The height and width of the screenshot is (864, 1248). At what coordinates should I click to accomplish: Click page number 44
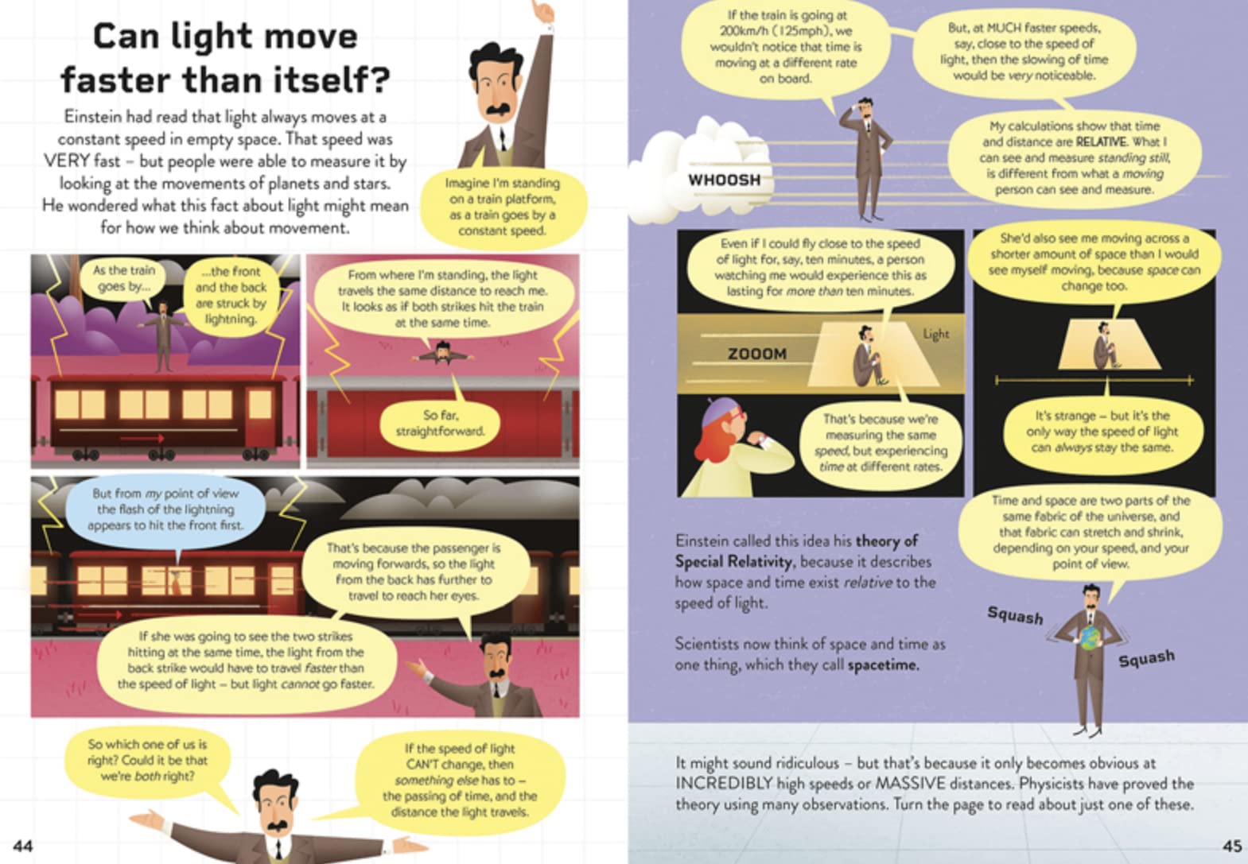pyautogui.click(x=23, y=846)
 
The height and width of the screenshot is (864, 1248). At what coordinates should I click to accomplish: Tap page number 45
pyautogui.click(x=1232, y=846)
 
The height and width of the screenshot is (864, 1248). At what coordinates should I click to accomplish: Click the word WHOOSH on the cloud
pyautogui.click(x=725, y=180)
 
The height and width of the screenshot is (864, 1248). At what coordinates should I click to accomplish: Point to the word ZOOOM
pyautogui.click(x=757, y=354)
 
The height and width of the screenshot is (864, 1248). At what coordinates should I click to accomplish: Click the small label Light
pyautogui.click(x=936, y=334)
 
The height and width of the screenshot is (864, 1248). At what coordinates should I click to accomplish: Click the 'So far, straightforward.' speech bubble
pyautogui.click(x=440, y=423)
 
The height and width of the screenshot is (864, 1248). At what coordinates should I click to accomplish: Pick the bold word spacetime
pyautogui.click(x=883, y=664)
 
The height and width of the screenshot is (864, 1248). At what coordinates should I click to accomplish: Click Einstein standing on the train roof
pyautogui.click(x=163, y=337)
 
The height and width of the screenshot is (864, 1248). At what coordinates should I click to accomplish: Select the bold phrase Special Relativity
pyautogui.click(x=734, y=562)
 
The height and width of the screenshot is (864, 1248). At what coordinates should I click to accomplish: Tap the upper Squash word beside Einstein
pyautogui.click(x=1015, y=616)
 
